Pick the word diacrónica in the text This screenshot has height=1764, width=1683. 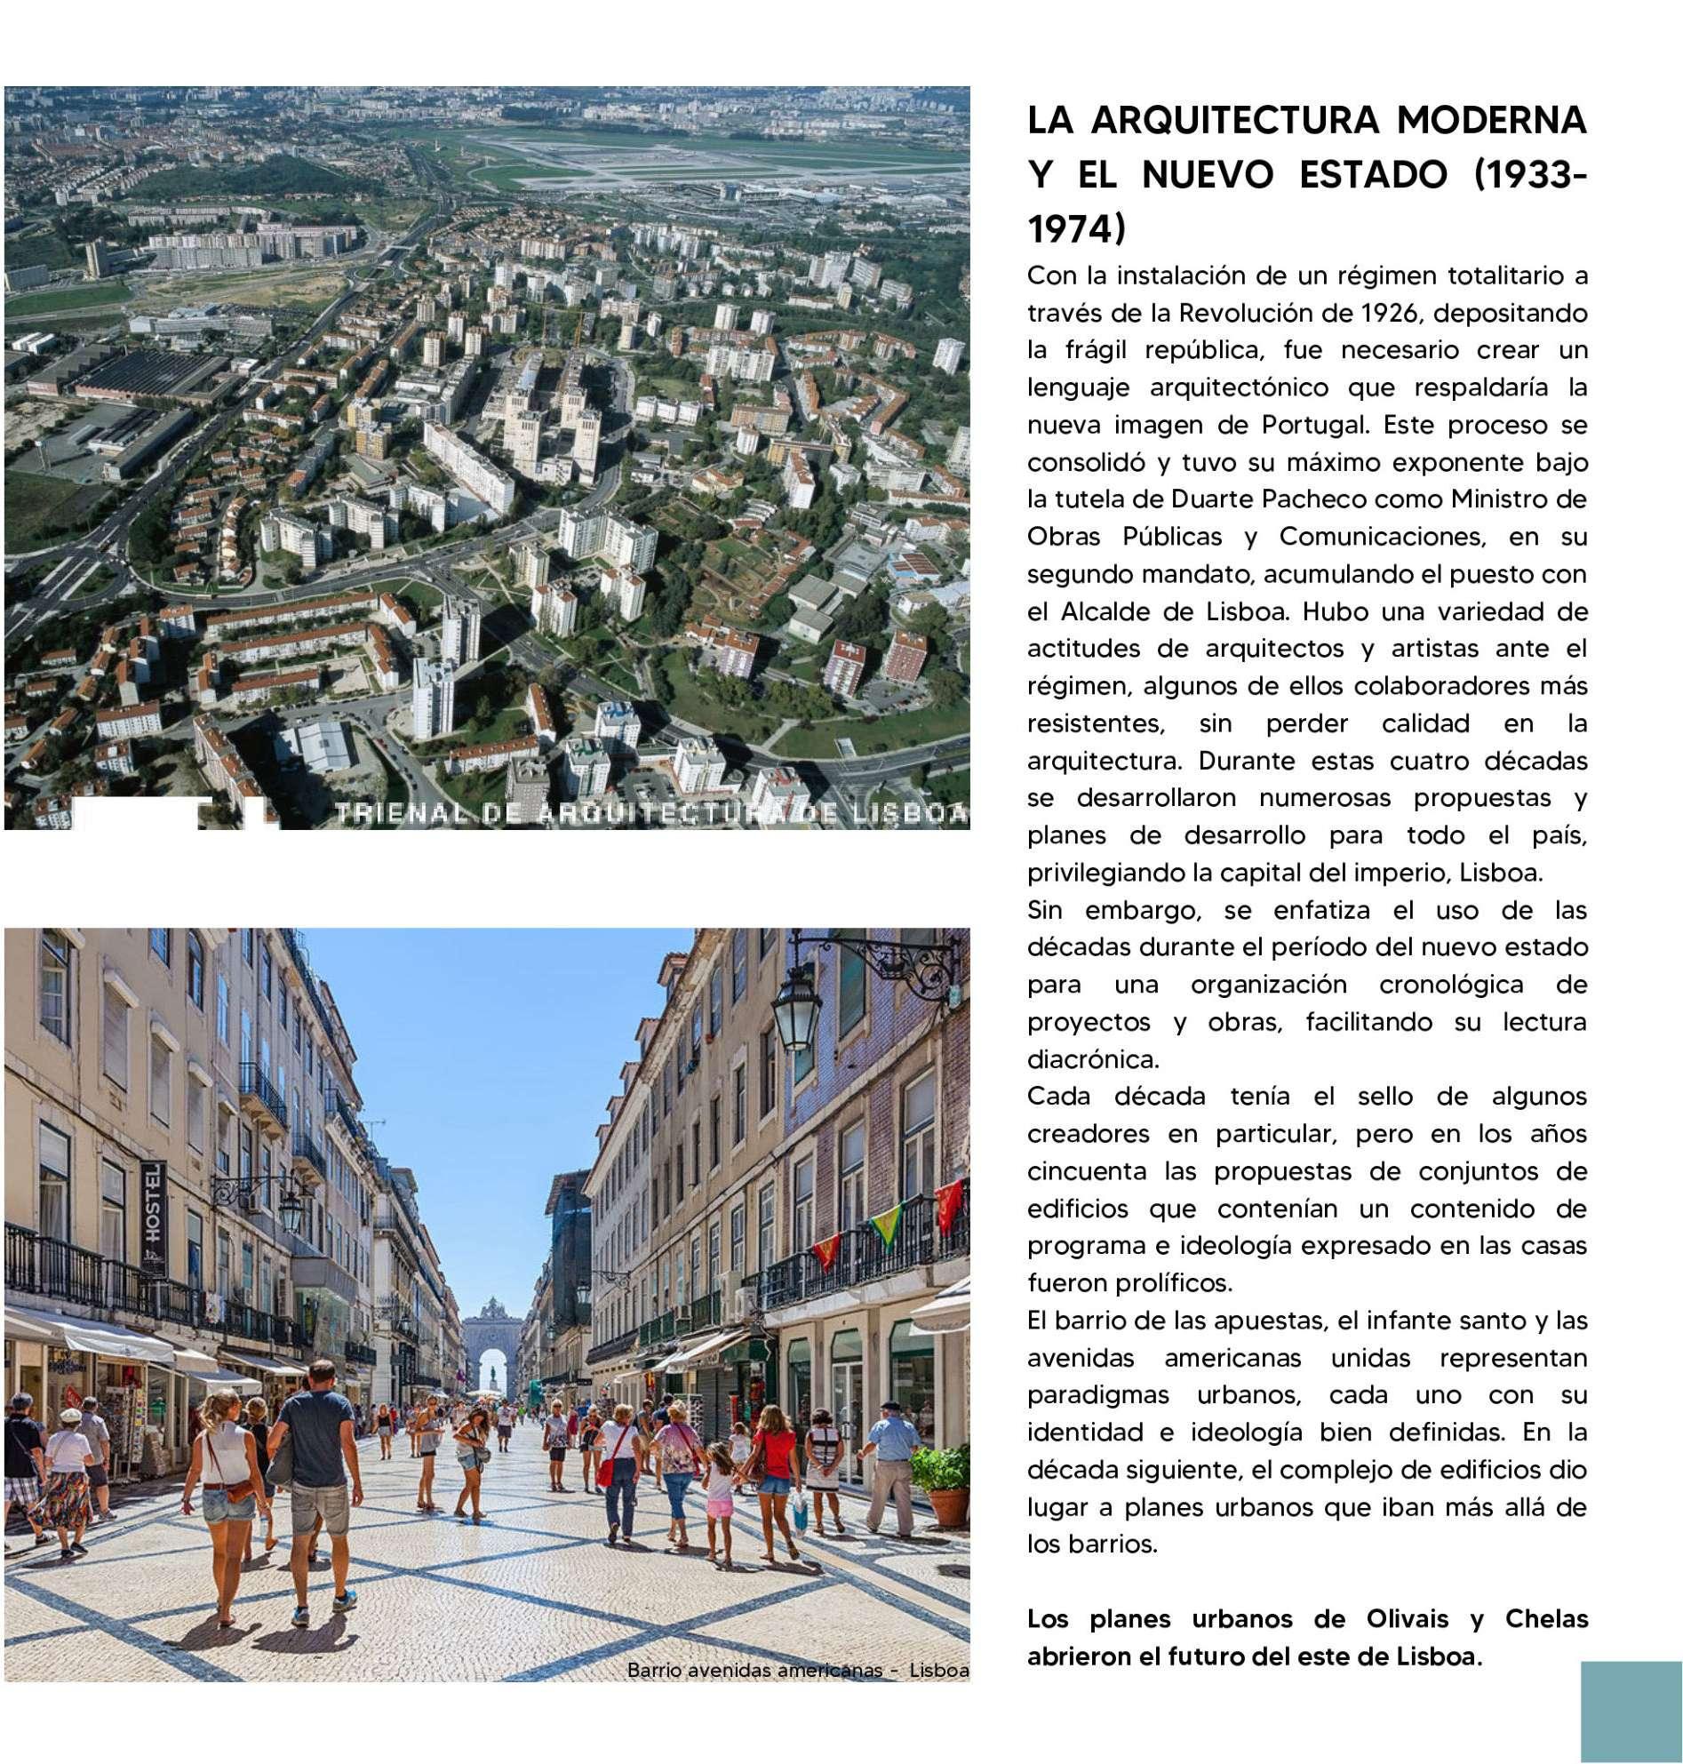(1093, 1058)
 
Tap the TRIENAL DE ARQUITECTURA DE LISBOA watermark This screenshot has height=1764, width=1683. (650, 813)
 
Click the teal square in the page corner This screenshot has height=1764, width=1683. (1631, 1711)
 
